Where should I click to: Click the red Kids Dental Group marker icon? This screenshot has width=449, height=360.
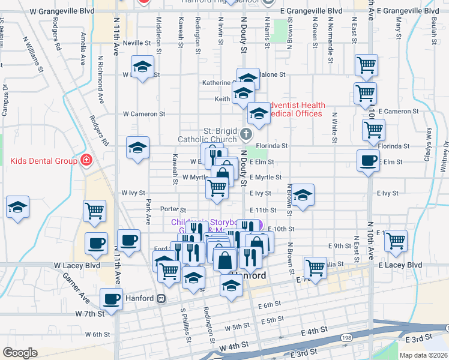86,161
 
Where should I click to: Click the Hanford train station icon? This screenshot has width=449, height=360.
161,298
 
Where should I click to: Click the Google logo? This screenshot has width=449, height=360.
20,352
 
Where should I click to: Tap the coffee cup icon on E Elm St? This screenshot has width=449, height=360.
367,160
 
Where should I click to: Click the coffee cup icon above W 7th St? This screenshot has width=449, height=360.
110,298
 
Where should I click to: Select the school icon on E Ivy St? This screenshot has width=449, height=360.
303,194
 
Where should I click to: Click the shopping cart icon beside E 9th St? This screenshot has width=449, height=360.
395,240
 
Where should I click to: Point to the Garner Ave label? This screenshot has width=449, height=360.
74,288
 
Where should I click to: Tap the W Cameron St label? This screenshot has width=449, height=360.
144,113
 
